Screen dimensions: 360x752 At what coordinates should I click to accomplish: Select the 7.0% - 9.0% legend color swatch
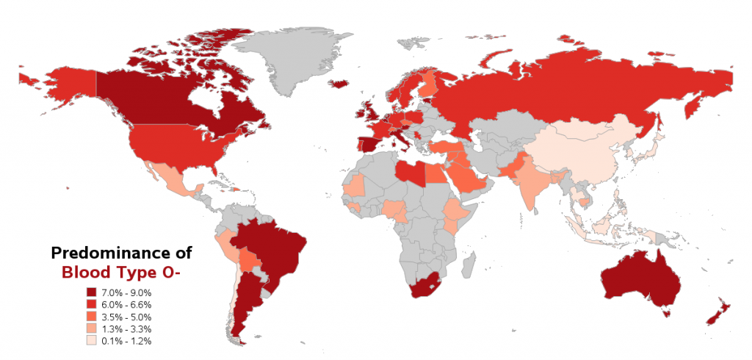click(92, 292)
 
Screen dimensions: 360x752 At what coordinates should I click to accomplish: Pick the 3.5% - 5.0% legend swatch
click(92, 317)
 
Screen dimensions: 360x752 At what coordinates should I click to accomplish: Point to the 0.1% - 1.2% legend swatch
click(92, 341)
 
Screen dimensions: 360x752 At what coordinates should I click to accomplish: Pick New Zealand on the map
click(717, 312)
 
